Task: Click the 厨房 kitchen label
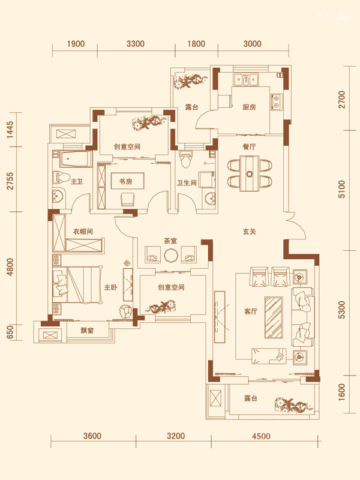(249, 107)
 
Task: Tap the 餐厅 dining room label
(249, 147)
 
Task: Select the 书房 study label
(125, 182)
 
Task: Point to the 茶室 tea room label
(170, 242)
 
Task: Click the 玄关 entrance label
(249, 232)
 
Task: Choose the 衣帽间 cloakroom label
(83, 232)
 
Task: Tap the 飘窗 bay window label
(87, 331)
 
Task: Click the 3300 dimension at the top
(136, 44)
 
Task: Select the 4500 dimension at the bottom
(261, 436)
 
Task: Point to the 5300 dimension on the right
(342, 310)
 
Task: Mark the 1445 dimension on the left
(10, 130)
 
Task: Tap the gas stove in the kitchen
(277, 102)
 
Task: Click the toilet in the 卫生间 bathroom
(187, 159)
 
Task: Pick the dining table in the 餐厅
(250, 173)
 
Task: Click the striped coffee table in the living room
(274, 317)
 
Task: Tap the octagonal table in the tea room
(170, 256)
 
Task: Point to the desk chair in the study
(128, 199)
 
